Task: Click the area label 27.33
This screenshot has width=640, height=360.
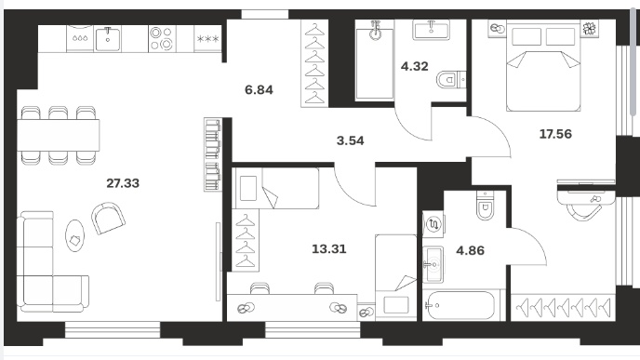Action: click(123, 183)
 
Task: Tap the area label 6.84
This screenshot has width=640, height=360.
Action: click(259, 90)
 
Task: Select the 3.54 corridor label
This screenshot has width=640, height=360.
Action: click(350, 140)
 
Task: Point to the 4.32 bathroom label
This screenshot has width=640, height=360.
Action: click(414, 66)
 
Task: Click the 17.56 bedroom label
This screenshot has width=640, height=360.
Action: click(555, 134)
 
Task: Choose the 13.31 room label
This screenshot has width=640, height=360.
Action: click(329, 249)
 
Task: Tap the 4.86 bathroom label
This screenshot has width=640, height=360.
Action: click(470, 250)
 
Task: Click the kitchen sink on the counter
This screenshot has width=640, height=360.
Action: click(108, 39)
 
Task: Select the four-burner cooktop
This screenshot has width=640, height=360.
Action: click(161, 38)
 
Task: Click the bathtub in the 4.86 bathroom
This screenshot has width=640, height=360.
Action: click(460, 305)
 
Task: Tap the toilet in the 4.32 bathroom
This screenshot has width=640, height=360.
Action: click(451, 80)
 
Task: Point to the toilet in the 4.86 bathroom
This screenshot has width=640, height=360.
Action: click(485, 205)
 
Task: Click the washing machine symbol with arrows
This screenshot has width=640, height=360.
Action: click(433, 224)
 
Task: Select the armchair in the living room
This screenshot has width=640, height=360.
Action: click(108, 219)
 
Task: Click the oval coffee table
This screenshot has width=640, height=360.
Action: click(75, 235)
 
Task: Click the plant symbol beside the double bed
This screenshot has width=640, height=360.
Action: click(589, 29)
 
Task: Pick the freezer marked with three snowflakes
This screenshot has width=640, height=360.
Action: click(207, 39)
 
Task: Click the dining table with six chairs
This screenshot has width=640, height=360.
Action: click(58, 136)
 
